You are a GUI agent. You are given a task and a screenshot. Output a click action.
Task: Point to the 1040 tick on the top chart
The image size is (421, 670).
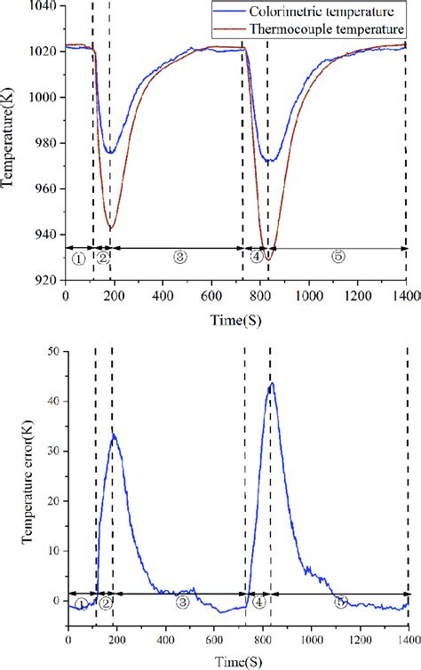(46, 6)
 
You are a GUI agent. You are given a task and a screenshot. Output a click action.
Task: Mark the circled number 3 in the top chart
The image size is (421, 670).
(180, 258)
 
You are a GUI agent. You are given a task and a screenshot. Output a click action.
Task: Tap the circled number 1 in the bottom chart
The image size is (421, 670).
(81, 604)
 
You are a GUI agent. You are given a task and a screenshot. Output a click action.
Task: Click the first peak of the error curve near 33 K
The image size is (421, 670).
(113, 435)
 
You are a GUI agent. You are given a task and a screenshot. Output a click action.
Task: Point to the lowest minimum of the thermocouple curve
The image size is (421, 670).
(266, 259)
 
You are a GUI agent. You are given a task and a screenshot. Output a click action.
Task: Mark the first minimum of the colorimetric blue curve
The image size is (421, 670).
(109, 152)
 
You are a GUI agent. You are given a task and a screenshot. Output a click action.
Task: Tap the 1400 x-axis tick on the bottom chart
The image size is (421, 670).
(408, 638)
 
